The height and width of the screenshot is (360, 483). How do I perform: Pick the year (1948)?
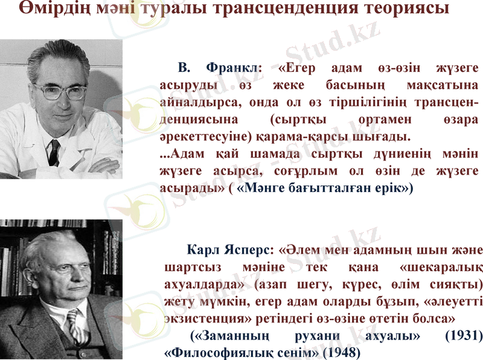[x=342, y=350]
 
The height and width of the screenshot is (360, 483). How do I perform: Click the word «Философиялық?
[x=202, y=350]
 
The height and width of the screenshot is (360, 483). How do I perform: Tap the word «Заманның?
[x=229, y=335]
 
